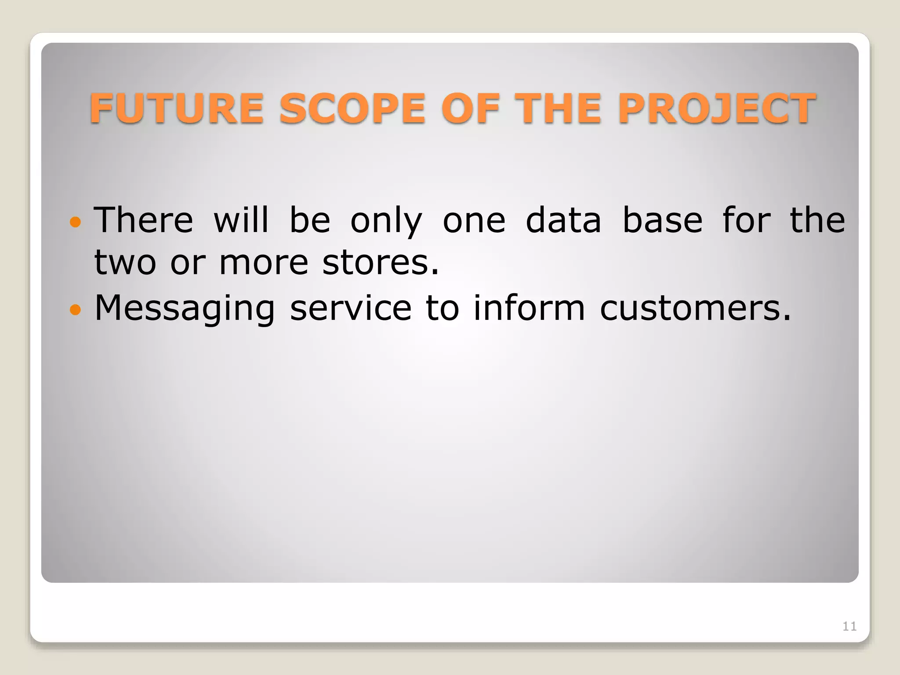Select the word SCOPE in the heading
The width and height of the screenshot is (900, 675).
[x=352, y=109]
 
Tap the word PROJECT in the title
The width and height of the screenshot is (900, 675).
[x=717, y=109]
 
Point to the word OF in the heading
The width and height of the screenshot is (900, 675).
[x=471, y=109]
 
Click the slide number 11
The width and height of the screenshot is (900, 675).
[x=849, y=626]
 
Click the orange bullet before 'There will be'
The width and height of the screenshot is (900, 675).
[x=76, y=222]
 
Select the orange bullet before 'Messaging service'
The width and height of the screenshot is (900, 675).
[x=76, y=310]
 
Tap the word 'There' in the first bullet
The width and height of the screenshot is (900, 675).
[x=144, y=220]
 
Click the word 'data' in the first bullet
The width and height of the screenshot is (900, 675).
[x=563, y=220]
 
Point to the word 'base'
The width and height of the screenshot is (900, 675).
[x=662, y=220]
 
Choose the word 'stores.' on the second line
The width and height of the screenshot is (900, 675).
[x=381, y=263]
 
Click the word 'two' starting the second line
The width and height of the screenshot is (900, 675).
[x=125, y=263]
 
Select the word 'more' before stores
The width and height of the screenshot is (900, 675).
[x=264, y=263]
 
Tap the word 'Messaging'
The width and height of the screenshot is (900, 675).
[x=185, y=308]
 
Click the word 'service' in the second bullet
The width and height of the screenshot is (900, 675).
[x=351, y=308]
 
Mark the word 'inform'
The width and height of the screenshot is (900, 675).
[x=529, y=308]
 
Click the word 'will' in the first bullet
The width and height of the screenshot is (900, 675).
[x=241, y=220]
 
